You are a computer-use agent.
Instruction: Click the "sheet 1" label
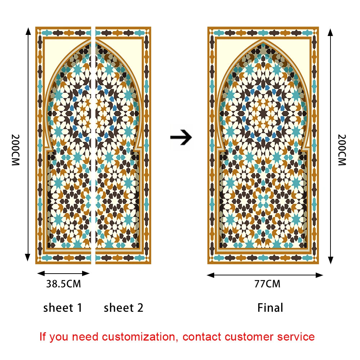63,308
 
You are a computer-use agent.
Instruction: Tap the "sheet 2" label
123,308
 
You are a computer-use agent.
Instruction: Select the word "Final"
270,308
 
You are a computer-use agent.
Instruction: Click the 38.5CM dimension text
63,284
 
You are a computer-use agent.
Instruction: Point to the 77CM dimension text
267,284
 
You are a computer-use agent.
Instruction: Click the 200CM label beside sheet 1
15,150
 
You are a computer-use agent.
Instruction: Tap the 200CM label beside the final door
342,150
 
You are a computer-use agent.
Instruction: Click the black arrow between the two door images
181,138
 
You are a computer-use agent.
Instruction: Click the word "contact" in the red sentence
202,337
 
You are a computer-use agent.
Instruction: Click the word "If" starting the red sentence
43,337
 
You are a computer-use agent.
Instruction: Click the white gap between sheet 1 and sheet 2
93,144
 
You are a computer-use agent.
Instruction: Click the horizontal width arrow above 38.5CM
63,274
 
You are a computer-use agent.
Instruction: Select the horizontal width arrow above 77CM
265,275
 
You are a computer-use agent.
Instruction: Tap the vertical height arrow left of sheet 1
28,144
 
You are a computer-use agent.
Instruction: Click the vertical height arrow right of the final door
330,146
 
